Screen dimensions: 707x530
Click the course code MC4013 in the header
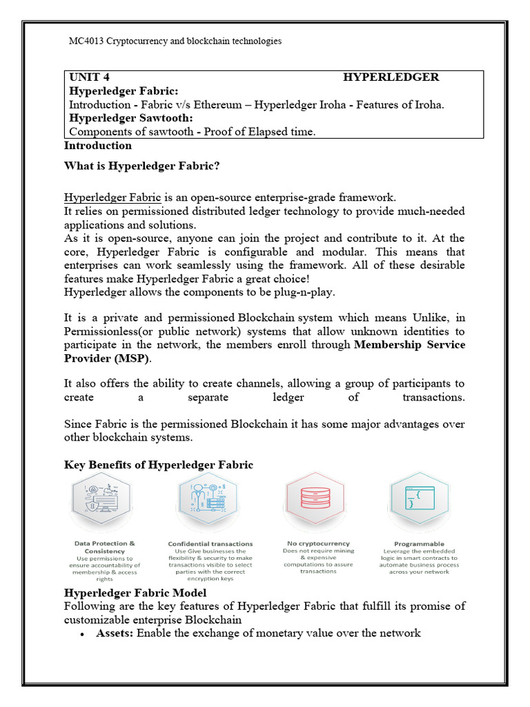coord(84,41)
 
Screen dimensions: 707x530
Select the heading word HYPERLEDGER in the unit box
coord(391,77)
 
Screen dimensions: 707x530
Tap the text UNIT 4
coord(89,77)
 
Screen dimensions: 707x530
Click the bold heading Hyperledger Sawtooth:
coord(124,118)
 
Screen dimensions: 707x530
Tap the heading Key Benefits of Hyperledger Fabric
coord(159,465)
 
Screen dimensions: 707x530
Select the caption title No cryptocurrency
coord(318,543)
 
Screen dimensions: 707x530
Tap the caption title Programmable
coord(419,543)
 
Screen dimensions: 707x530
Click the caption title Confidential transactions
coord(210,543)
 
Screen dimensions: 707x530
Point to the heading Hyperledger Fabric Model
coord(135,592)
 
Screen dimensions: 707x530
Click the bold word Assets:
coord(115,632)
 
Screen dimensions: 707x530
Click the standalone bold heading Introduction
coord(97,145)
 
